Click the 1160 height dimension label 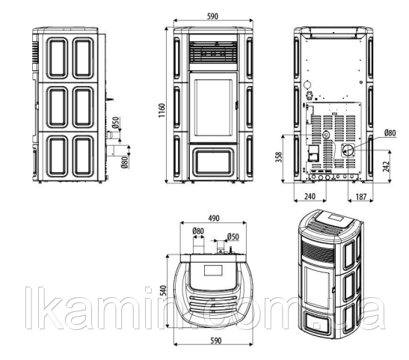162,111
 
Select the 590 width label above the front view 212,16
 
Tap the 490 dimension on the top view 214,219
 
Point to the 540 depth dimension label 163,290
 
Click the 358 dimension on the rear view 279,157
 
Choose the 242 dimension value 386,167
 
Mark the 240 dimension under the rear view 310,196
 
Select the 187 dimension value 361,197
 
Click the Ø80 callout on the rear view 390,133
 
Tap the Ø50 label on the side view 116,123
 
